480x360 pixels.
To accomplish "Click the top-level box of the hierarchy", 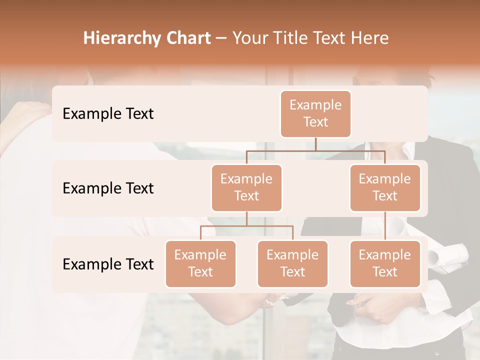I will tap(315, 114).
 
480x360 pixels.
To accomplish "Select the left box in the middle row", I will tap(246, 188).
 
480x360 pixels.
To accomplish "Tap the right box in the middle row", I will tap(385, 188).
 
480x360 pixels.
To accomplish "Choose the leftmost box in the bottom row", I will tap(200, 264).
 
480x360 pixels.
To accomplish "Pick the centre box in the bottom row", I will tap(292, 264).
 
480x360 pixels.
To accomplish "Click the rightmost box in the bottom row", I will tap(385, 264).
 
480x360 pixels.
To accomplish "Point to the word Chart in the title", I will tap(186, 38).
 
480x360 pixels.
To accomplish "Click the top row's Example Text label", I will tap(108, 114).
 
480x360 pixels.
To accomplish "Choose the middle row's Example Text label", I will tap(108, 188).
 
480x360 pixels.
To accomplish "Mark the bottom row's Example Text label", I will tap(108, 264).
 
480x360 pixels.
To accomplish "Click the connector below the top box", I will tap(315, 144).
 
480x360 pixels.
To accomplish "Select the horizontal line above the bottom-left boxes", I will tap(246, 226).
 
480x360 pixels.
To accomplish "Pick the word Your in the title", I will tap(248, 38).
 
